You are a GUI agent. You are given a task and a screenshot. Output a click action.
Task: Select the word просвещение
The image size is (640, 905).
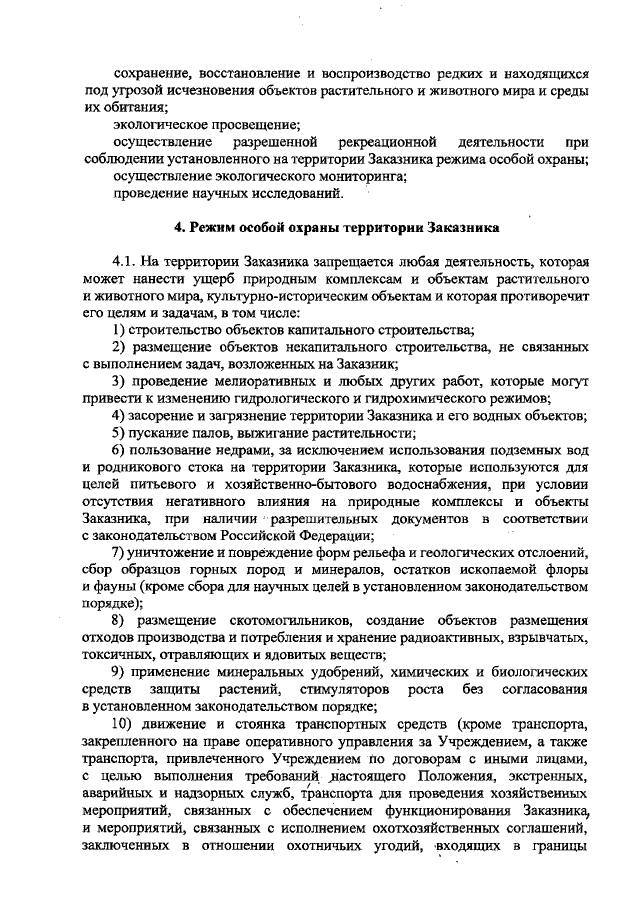255,125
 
